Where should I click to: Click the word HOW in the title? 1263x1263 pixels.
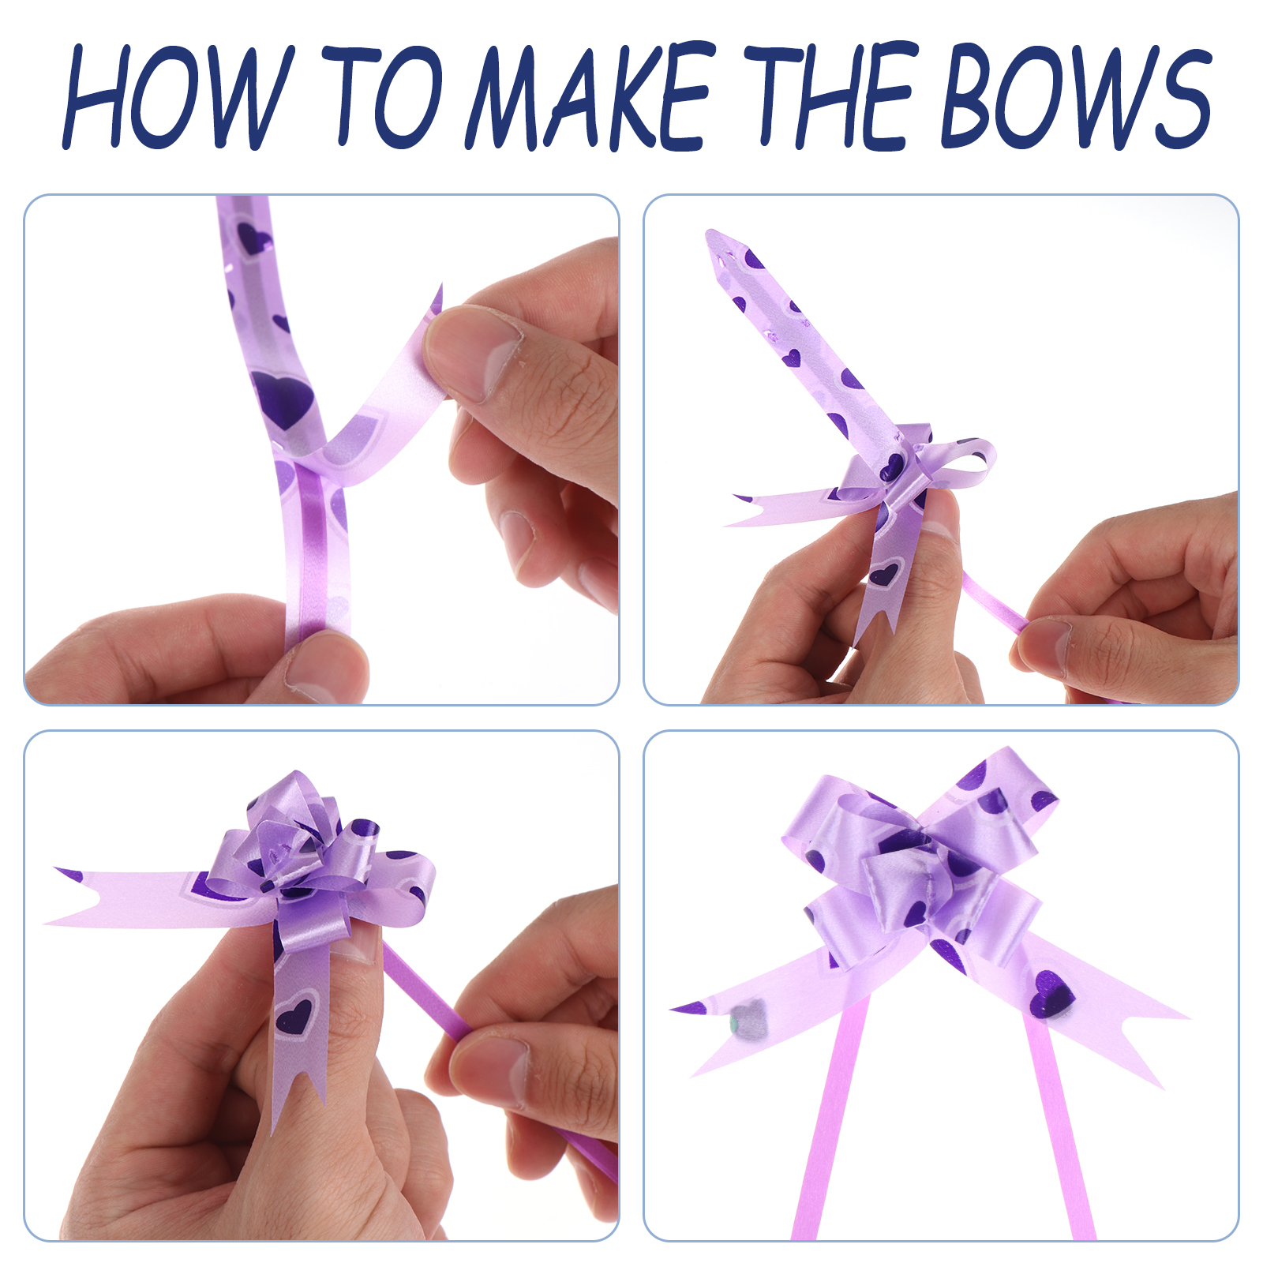[x=178, y=96]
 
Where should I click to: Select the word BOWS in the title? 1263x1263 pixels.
[x=1075, y=96]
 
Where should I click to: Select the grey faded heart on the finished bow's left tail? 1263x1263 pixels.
[x=748, y=1019]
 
